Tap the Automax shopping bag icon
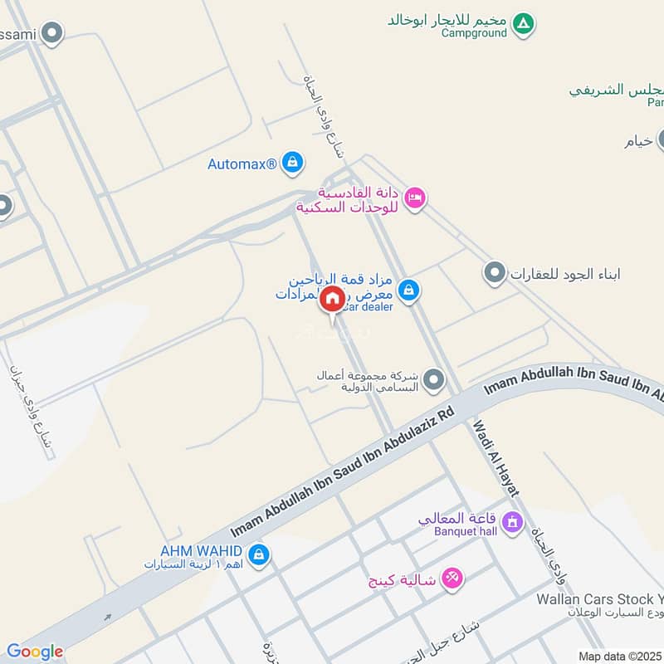tap(291, 164)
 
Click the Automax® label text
tap(242, 164)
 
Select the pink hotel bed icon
tap(416, 198)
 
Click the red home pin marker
tap(331, 300)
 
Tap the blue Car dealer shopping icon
tap(408, 290)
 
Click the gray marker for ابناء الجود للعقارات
tap(495, 273)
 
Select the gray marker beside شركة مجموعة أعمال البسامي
tap(432, 382)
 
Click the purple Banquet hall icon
tap(512, 522)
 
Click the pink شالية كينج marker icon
tap(452, 577)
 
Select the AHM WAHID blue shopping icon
tap(258, 554)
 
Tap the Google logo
tap(35, 652)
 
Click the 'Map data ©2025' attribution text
tap(618, 656)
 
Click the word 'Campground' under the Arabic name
tap(474, 33)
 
